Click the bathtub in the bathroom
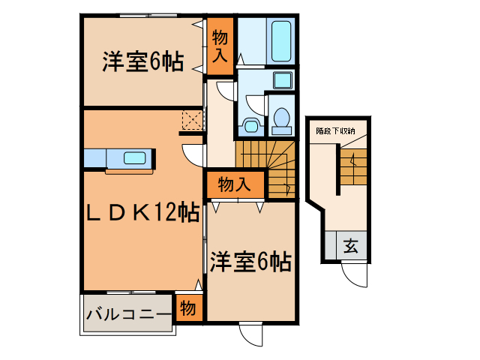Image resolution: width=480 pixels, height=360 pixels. tap(283, 42)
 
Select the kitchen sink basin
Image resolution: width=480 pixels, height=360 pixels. tap(136, 158)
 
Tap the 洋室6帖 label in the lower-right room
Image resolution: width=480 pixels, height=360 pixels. tap(250, 262)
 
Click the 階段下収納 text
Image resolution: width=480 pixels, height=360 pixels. tap(335, 130)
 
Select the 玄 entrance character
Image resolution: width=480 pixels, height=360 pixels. tap(351, 245)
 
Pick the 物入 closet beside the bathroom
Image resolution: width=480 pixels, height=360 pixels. tap(220, 46)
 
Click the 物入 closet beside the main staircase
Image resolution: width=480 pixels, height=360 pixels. tap(234, 184)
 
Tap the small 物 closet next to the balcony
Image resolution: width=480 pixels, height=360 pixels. tap(189, 307)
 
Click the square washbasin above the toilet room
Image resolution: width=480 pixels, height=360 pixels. tap(283, 79)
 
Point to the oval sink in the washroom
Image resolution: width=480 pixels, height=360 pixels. tap(250, 123)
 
